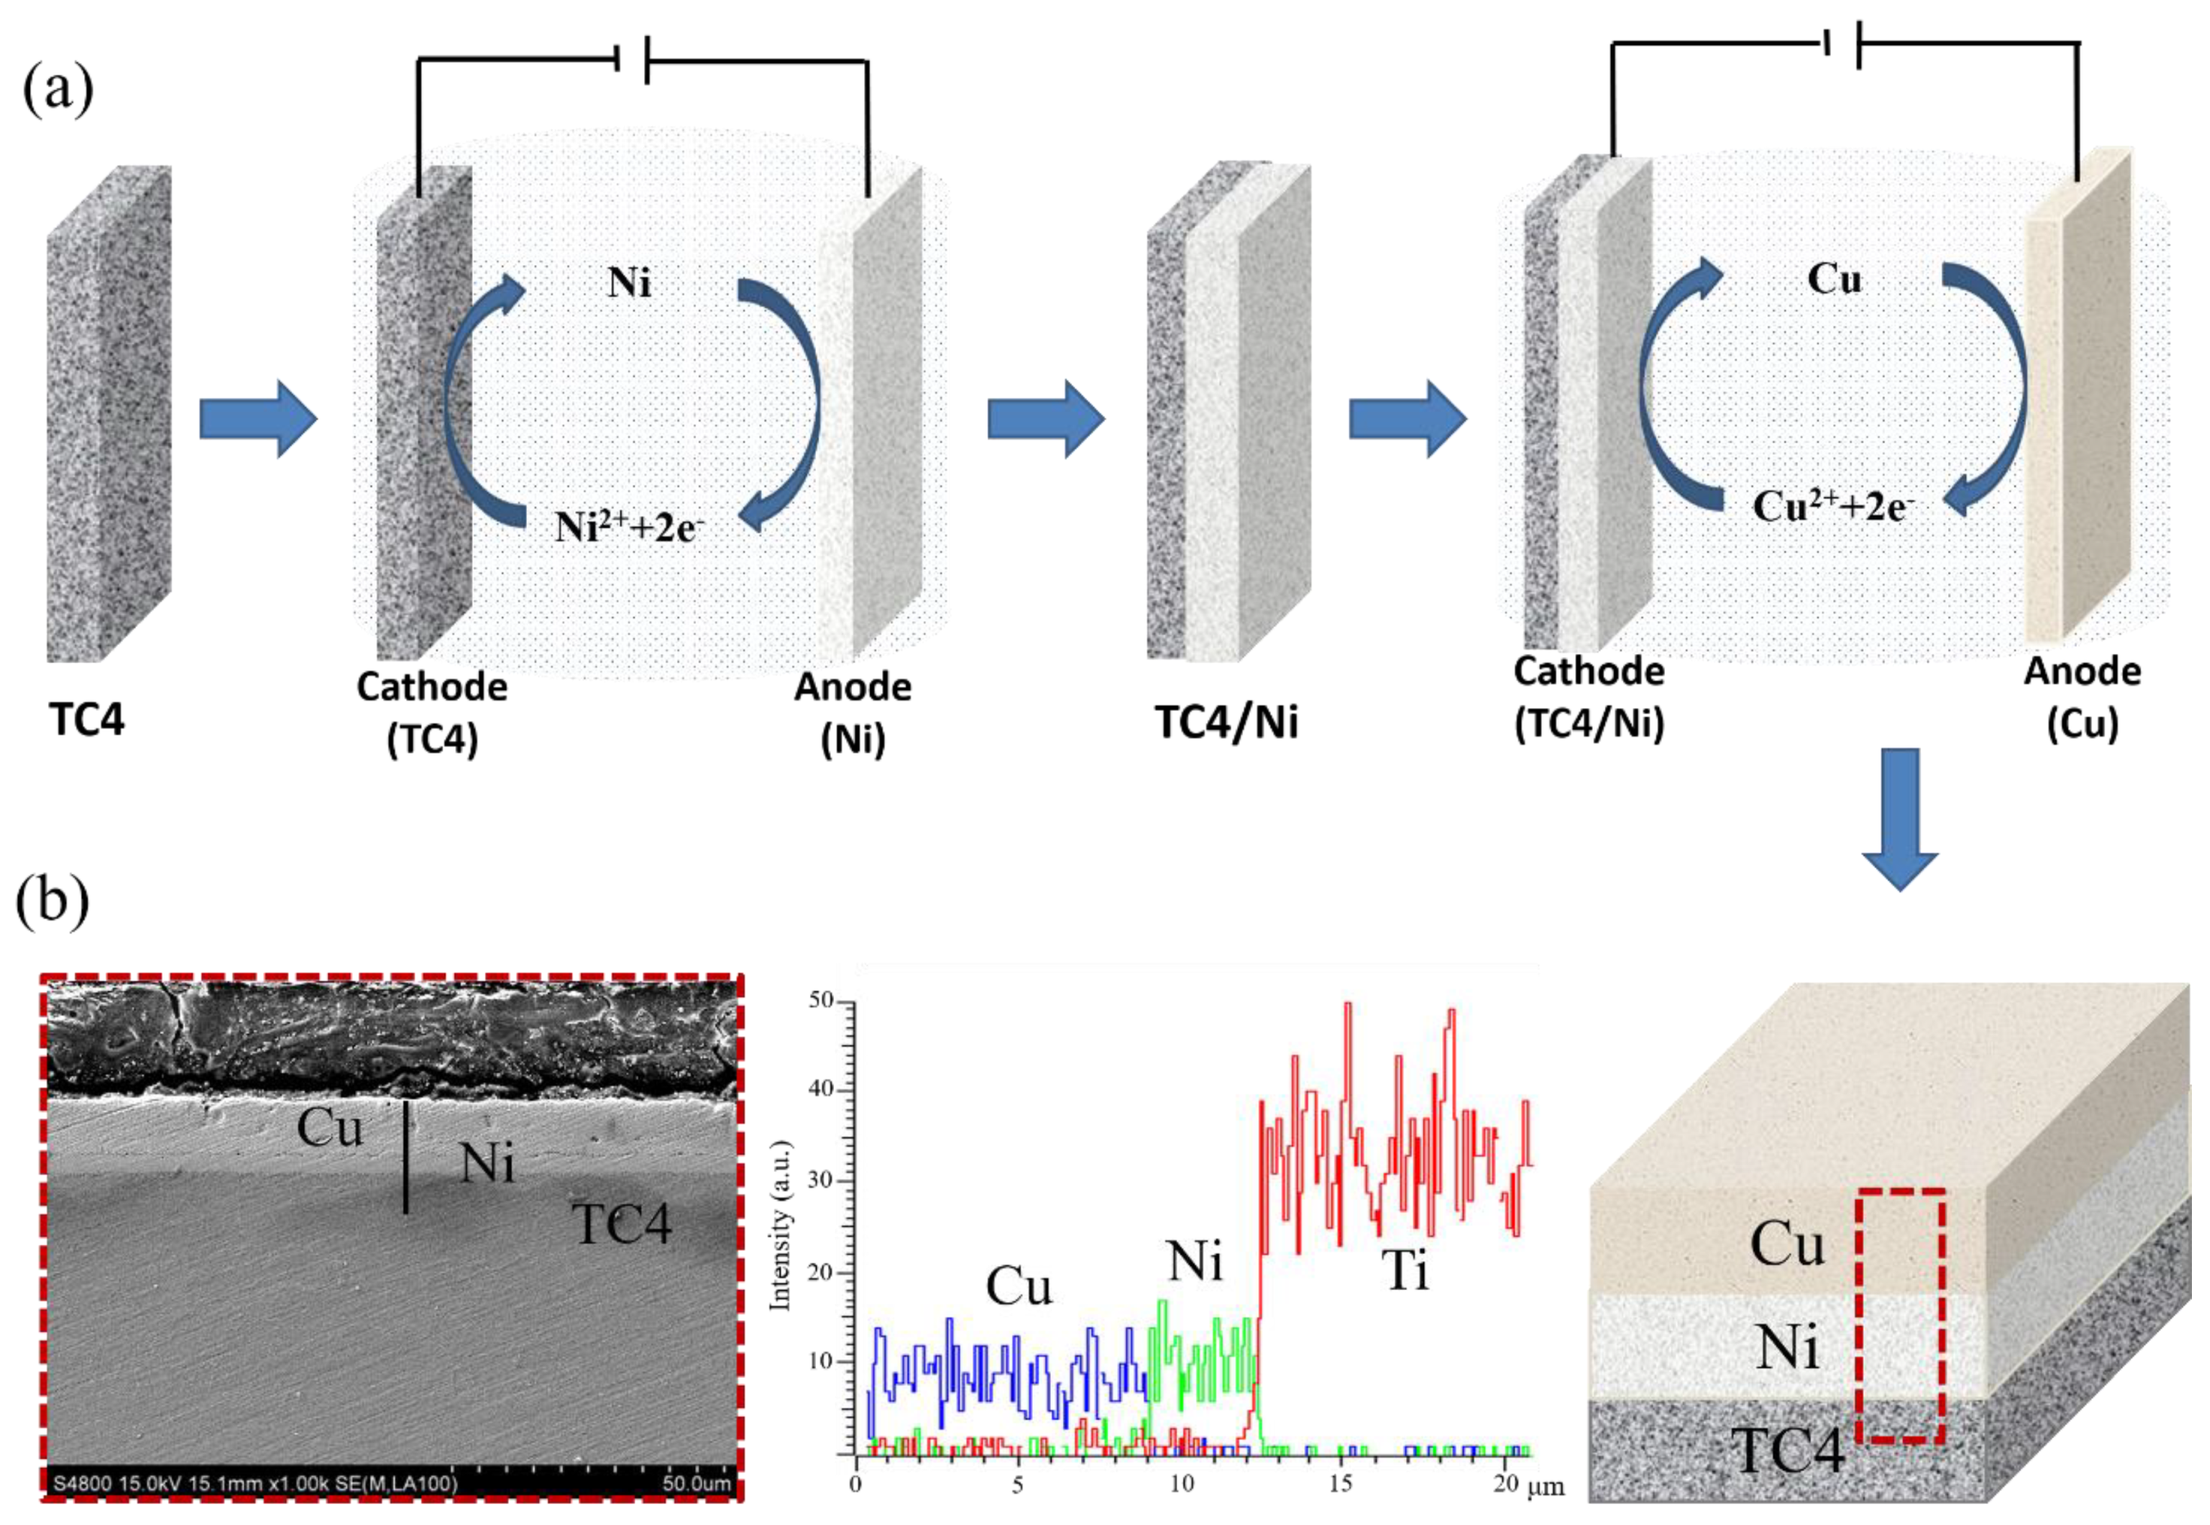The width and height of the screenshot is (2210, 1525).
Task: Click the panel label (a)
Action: pos(57,91)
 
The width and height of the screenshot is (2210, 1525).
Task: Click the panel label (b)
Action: pos(53,901)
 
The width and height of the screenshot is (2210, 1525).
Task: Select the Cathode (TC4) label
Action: pos(432,712)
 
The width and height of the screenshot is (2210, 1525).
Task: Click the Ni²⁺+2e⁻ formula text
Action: pos(629,526)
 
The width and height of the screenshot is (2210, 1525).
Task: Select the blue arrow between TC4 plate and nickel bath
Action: pos(258,419)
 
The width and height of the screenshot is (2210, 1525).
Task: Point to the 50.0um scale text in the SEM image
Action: pos(696,1483)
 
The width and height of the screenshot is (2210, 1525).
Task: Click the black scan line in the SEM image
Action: pos(406,1157)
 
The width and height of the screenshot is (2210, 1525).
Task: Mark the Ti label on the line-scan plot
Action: pos(1405,1271)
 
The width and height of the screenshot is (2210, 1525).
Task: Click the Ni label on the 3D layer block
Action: pos(1788,1348)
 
